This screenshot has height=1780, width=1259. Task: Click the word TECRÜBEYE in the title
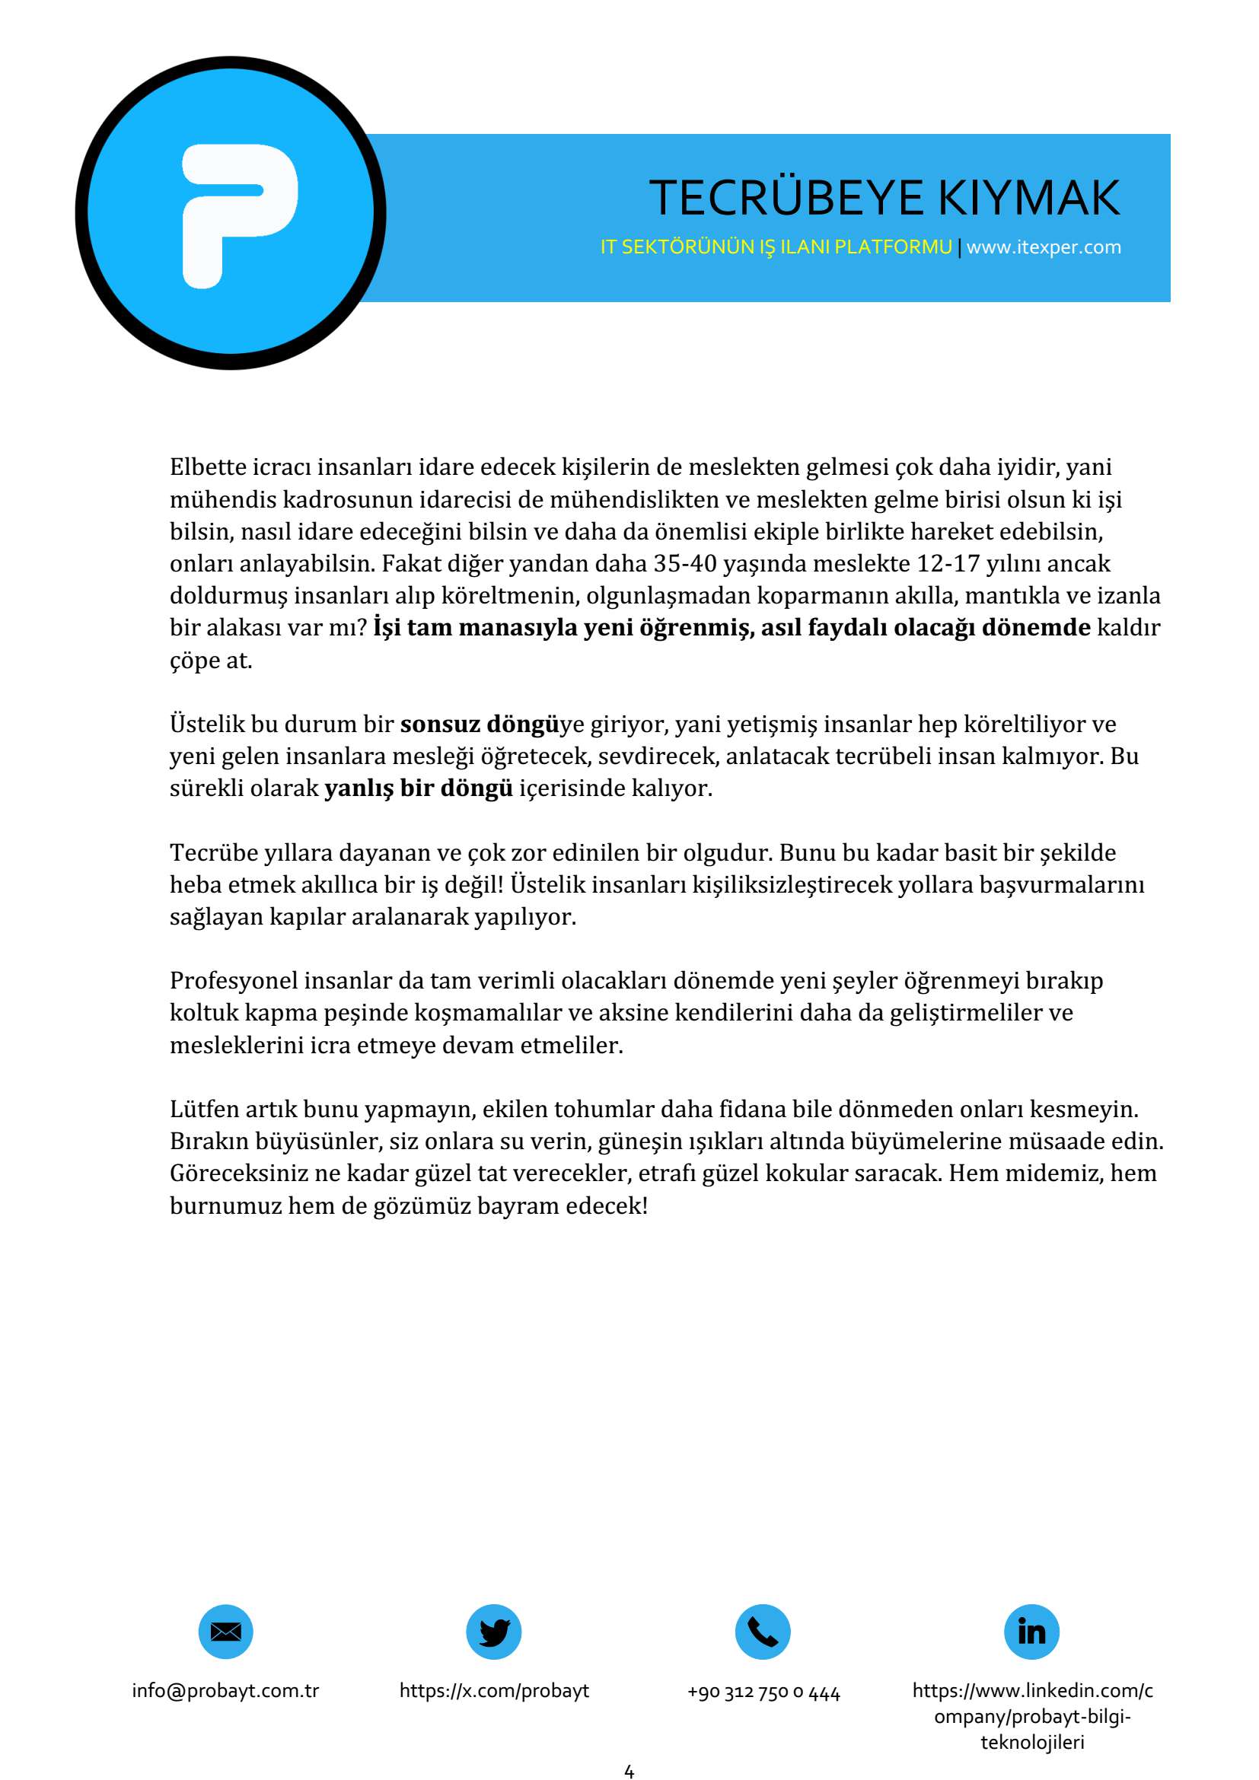[x=786, y=198]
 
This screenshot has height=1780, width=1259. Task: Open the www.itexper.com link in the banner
[x=1044, y=247]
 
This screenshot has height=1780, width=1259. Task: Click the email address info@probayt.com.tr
[x=225, y=1691]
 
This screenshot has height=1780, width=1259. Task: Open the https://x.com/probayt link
[x=494, y=1691]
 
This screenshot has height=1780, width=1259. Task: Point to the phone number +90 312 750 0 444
[x=763, y=1692]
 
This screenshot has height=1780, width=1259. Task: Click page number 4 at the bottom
[x=629, y=1772]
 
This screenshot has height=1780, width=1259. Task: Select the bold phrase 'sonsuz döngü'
[x=479, y=724]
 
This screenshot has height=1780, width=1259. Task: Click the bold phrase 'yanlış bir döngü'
[x=419, y=788]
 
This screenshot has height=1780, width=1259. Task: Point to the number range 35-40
[x=684, y=564]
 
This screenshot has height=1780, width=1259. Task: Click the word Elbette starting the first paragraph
[x=208, y=467]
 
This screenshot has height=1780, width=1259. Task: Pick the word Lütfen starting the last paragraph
[x=205, y=1110]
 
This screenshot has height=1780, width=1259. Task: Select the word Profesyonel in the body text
[x=234, y=981]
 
